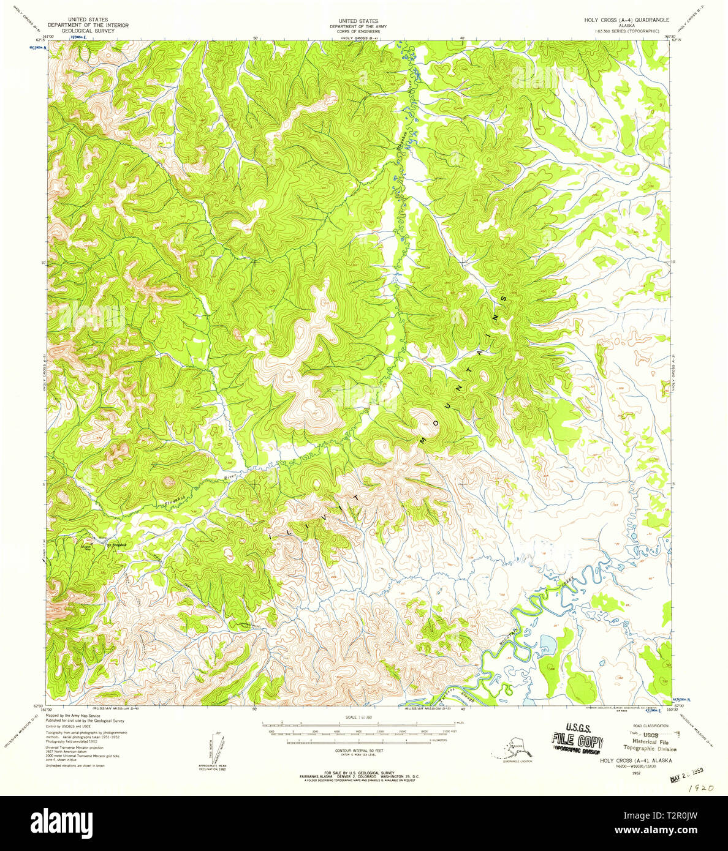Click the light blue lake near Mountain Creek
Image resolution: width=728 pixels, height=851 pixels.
click(x=547, y=644)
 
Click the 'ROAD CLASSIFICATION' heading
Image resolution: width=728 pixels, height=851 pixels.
click(x=643, y=724)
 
